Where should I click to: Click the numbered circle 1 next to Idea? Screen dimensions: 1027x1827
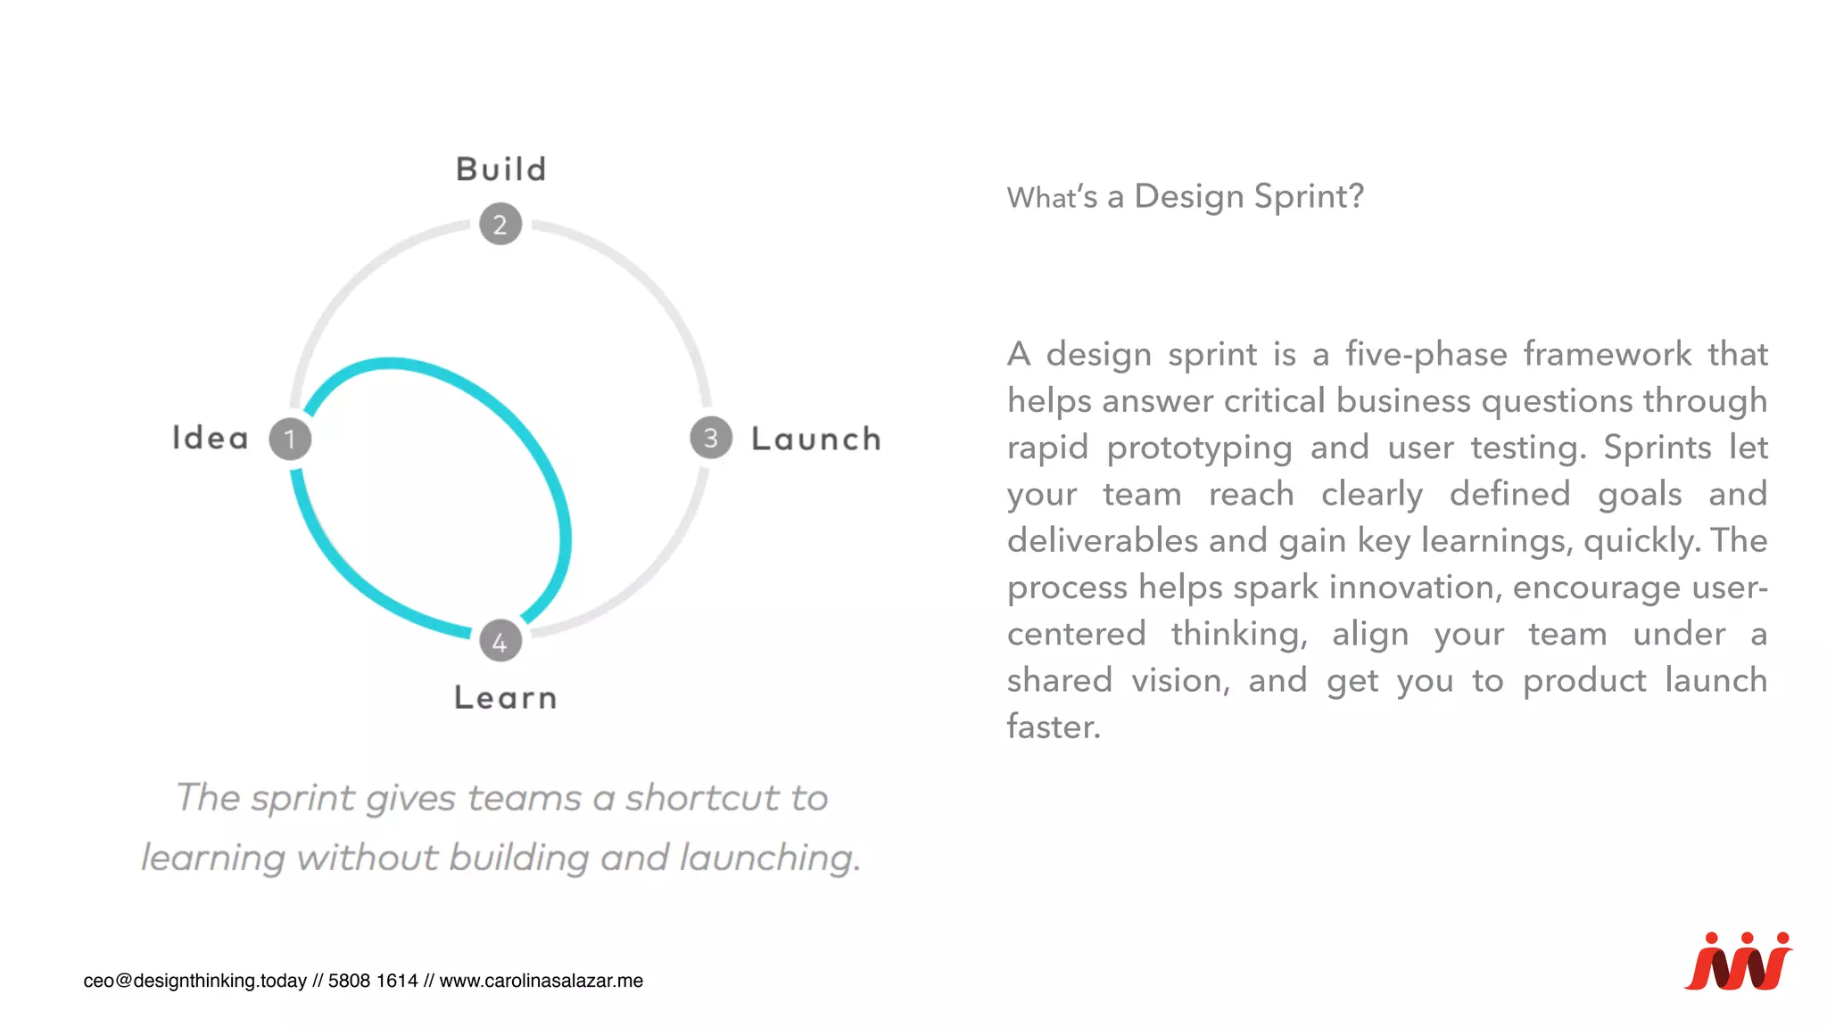[290, 439]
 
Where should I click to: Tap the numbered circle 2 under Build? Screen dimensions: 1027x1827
[500, 224]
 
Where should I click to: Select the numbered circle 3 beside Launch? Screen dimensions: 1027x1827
[711, 438]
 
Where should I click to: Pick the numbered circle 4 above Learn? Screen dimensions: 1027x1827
[500, 641]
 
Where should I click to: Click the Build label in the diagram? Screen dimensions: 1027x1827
[501, 169]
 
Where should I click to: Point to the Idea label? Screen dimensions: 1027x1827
[211, 439]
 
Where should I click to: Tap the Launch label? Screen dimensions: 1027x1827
[816, 439]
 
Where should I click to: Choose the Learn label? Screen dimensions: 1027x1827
[505, 697]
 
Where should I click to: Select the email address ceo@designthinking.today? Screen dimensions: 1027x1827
[194, 981]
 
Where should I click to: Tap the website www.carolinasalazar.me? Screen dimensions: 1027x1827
[541, 981]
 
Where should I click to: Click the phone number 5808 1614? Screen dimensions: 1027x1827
[373, 981]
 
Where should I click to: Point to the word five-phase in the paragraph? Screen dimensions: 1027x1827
[1426, 354]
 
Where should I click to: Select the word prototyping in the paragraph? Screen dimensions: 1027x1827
[1199, 448]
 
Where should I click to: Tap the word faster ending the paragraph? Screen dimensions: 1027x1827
[1053, 727]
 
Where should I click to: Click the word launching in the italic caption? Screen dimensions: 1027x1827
[770, 858]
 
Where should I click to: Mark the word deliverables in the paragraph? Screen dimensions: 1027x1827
[1102, 541]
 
